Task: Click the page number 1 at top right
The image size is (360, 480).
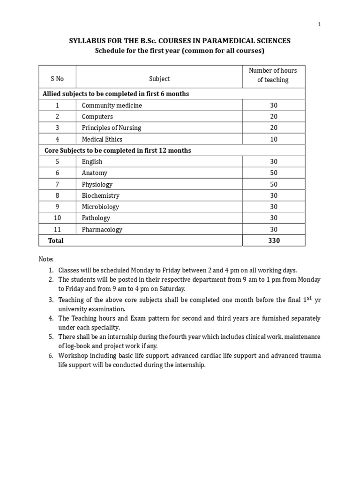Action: click(319, 25)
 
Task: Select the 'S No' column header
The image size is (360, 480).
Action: click(57, 79)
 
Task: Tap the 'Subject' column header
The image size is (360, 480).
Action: click(159, 79)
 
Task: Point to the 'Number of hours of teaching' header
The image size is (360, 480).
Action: click(273, 75)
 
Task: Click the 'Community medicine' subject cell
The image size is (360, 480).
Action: click(112, 105)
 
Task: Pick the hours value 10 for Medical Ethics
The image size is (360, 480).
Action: click(274, 139)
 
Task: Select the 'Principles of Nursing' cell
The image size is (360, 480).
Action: click(111, 128)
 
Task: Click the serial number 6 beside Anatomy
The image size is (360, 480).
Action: click(57, 173)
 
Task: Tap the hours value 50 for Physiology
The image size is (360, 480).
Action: click(274, 184)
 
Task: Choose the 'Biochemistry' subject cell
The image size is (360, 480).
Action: click(100, 195)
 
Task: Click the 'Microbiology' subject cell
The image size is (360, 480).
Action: click(100, 207)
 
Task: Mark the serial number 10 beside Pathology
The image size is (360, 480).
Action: click(57, 218)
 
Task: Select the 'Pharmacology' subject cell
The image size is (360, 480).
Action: click(102, 230)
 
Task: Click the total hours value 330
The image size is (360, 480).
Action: click(274, 241)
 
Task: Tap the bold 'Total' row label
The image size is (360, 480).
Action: click(56, 241)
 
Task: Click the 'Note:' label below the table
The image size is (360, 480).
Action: click(46, 259)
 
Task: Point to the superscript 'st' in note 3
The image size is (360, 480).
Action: click(309, 298)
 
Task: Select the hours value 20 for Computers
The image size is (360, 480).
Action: click(274, 117)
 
